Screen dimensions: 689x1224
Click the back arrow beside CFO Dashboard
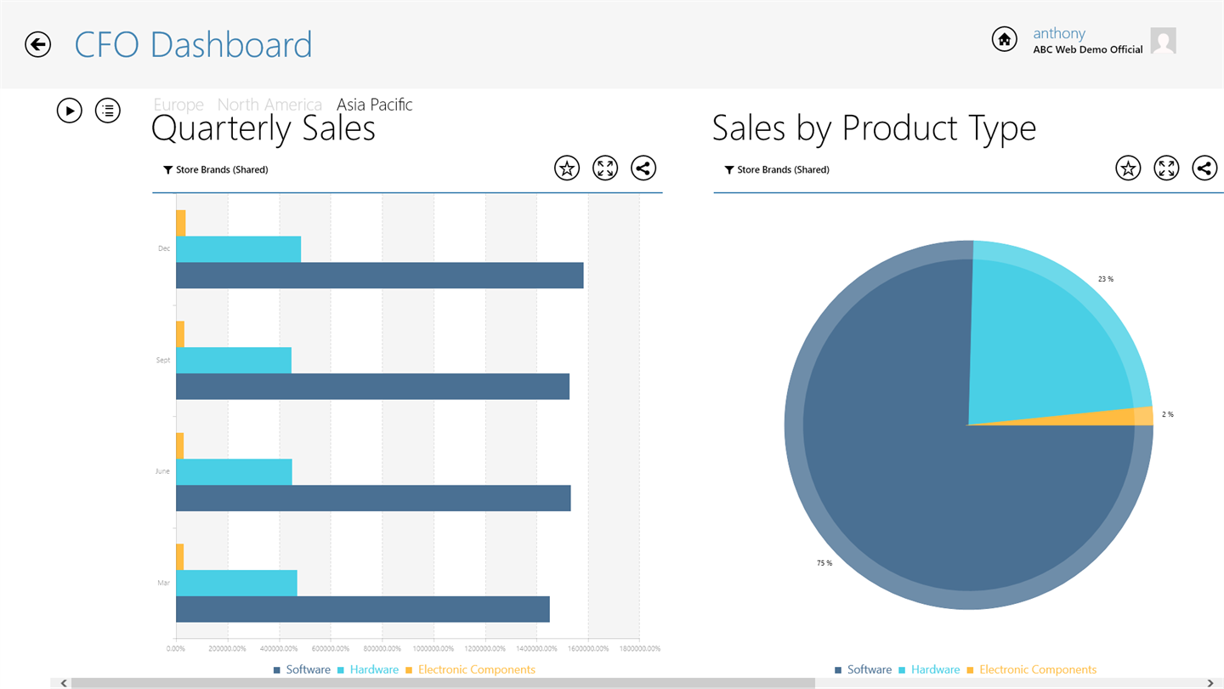(x=38, y=44)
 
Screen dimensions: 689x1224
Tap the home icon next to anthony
(x=1004, y=39)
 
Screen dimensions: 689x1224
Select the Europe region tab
(x=178, y=105)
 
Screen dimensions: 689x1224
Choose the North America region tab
(x=269, y=105)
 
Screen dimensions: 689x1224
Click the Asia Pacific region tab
(x=374, y=105)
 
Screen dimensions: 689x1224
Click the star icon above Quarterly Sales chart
(x=567, y=168)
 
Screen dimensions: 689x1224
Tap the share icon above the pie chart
(x=1204, y=168)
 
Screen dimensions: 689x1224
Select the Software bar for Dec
(x=379, y=276)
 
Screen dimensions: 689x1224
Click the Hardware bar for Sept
(x=234, y=360)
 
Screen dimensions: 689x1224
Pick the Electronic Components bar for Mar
(x=179, y=556)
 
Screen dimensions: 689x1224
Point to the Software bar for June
(x=373, y=498)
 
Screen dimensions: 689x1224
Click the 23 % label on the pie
(x=1105, y=279)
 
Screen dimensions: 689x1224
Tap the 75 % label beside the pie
(x=824, y=563)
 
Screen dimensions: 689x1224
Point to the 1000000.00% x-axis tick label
(x=433, y=649)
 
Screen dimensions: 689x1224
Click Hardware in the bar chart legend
(x=374, y=670)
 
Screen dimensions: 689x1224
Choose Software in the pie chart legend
(x=869, y=670)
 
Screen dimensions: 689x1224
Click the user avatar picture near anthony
(x=1163, y=41)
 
